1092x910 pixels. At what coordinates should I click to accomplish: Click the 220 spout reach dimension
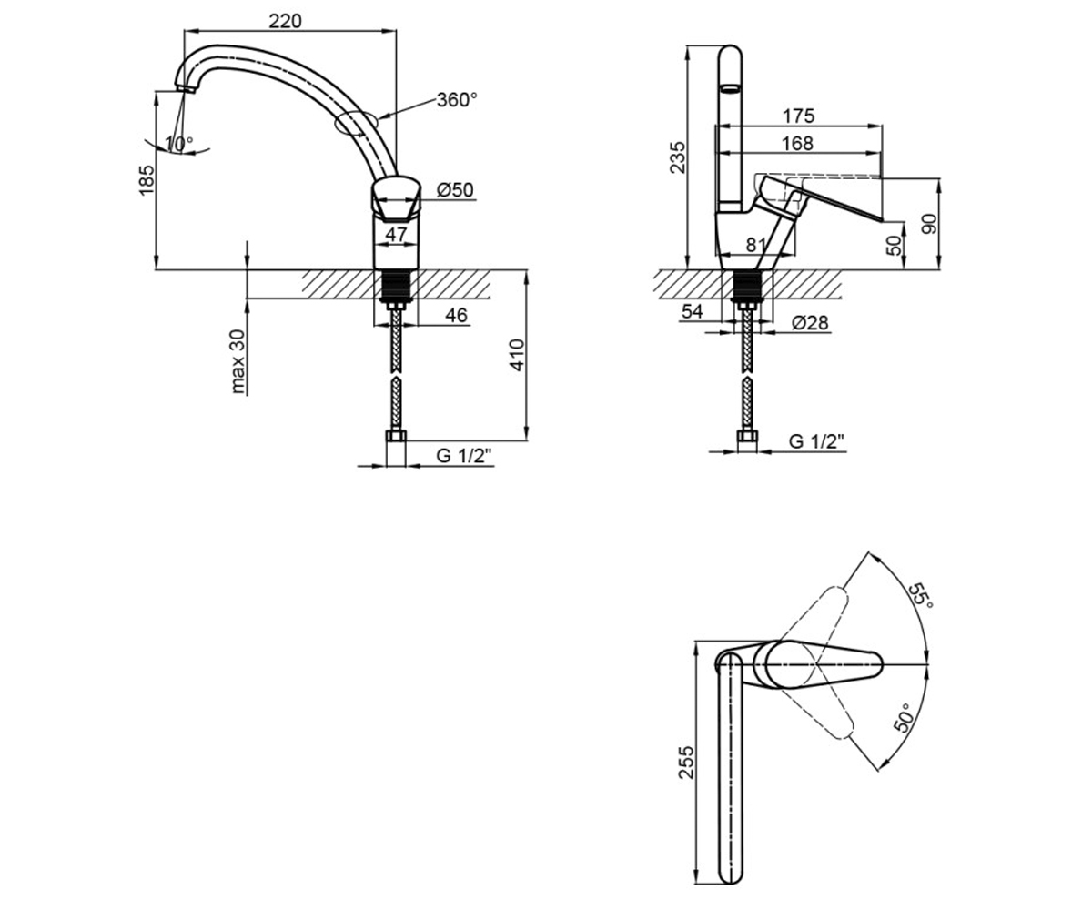click(x=285, y=22)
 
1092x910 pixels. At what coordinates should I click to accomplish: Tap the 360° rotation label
click(x=457, y=100)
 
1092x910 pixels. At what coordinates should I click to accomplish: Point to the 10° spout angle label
click(x=179, y=143)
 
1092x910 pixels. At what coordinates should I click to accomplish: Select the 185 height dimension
click(x=147, y=180)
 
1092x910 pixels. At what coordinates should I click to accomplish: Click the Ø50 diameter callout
click(x=455, y=190)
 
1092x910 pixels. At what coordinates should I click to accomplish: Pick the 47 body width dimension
click(x=396, y=235)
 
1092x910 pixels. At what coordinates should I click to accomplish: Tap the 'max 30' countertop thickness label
click(x=237, y=361)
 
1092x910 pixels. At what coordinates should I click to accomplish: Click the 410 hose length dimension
click(x=516, y=355)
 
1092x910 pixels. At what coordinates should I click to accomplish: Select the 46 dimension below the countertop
click(x=456, y=316)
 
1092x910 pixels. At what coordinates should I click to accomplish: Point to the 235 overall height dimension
click(x=677, y=157)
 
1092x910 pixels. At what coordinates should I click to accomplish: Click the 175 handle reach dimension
click(x=798, y=116)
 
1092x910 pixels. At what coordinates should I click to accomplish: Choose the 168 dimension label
click(x=797, y=143)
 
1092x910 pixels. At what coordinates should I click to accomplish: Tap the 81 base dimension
click(x=755, y=245)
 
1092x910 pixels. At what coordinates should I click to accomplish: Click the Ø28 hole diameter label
click(x=810, y=323)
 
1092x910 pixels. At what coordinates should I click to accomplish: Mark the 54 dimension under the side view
click(x=692, y=312)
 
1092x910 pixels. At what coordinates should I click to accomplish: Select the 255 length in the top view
click(x=686, y=763)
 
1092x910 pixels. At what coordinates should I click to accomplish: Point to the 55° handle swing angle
click(x=921, y=595)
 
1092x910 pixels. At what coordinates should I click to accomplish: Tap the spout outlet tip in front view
click(x=186, y=89)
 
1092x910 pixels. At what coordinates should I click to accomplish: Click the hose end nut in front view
click(x=396, y=436)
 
